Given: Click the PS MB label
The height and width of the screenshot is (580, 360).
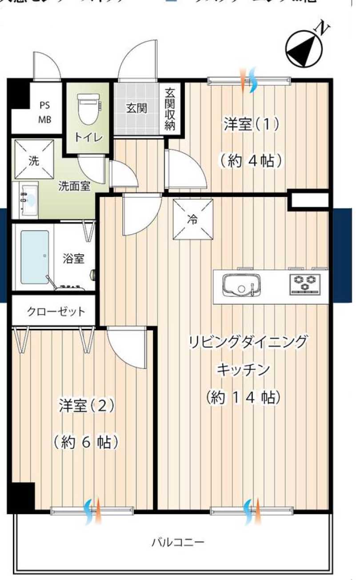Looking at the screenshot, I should (44, 112).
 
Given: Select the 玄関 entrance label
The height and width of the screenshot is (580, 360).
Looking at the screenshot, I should (136, 108).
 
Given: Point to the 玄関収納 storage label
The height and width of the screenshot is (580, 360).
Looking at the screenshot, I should (170, 109).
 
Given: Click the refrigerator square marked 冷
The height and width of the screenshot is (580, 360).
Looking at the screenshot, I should (192, 219).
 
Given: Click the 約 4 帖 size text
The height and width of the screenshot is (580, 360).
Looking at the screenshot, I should (251, 160).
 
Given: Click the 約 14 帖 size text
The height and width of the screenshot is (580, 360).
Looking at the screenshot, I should (244, 397).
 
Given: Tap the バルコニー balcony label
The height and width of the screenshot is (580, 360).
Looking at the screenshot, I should (178, 543).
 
